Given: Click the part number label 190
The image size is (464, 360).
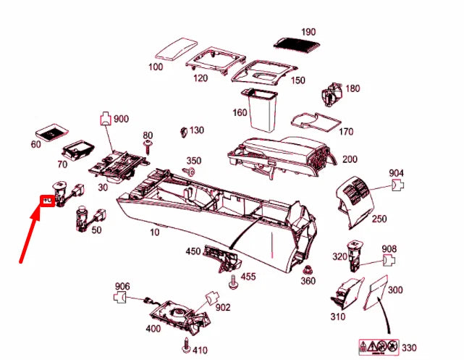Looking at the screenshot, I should point(308,33).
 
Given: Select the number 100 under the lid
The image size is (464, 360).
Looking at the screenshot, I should point(156,67).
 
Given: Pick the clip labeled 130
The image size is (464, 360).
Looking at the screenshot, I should point(183,132).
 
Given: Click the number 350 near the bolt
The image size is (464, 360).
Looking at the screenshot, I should point(194,160).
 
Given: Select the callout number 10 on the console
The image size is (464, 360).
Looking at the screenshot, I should point(154,232).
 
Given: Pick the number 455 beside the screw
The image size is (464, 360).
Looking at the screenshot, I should point(248,276).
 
